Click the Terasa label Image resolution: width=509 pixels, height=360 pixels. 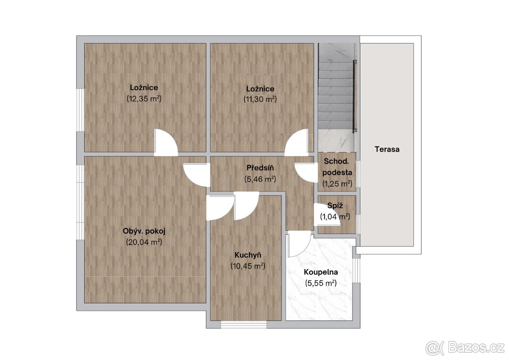pos(387,149)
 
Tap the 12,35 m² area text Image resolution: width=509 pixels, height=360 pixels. pos(144,98)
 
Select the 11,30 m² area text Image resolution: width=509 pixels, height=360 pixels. pos(260,99)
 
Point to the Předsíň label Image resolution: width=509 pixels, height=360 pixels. pos(260,168)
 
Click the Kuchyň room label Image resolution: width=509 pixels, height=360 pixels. pos(248,255)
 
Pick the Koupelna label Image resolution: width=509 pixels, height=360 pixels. pos(321,272)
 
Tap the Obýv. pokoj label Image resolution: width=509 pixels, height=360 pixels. pos(144,231)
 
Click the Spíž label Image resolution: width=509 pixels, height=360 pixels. pos(335,206)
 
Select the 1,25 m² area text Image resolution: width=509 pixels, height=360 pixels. pos(337,183)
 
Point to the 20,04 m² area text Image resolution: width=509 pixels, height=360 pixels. pos(144,242)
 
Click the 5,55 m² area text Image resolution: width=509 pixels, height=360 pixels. pos(321,283)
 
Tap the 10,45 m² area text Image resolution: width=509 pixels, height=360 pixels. pos(248,266)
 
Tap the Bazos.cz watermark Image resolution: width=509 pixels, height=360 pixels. pos(466,348)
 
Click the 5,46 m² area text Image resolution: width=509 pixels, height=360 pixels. pos(260,179)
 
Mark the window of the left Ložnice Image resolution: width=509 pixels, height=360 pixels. pos(80,110)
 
